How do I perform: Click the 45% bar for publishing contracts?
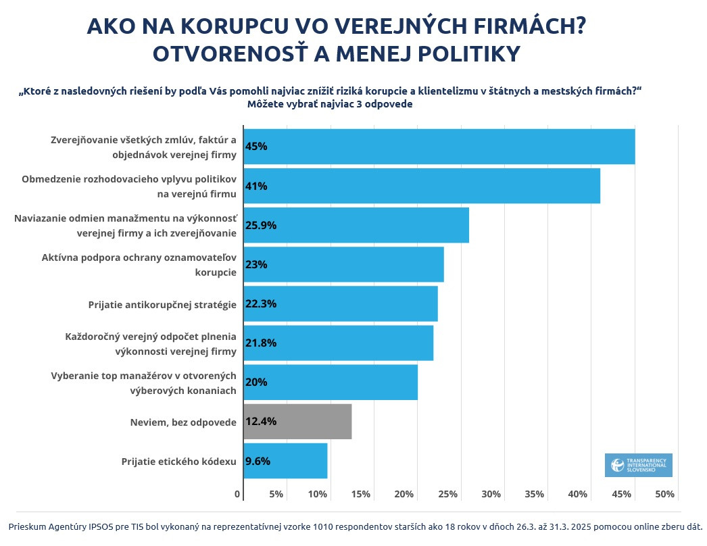click(x=439, y=147)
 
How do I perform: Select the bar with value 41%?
click(x=422, y=186)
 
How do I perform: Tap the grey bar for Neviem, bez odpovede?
click(x=297, y=422)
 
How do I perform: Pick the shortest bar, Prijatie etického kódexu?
click(x=285, y=461)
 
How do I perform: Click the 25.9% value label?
click(x=261, y=225)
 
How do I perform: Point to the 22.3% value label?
click(x=261, y=303)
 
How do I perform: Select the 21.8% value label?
click(x=261, y=343)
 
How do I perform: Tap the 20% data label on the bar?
click(x=257, y=382)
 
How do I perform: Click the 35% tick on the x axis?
click(x=534, y=494)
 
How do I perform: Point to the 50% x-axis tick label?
click(x=665, y=494)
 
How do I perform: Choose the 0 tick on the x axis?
click(x=238, y=494)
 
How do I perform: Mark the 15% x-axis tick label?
click(x=361, y=494)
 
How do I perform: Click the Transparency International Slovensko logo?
click(x=638, y=465)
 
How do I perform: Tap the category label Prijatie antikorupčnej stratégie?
click(x=162, y=304)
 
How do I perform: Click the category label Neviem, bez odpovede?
click(x=183, y=422)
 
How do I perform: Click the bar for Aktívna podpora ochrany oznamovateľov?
click(x=343, y=264)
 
